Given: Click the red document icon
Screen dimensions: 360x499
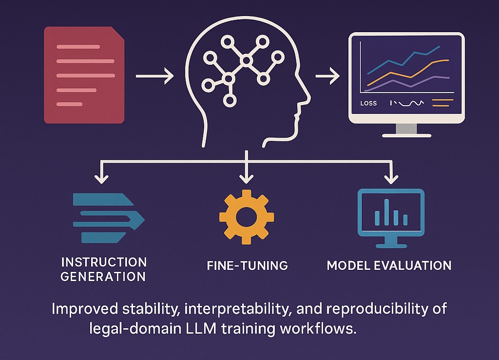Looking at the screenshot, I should point(84,75).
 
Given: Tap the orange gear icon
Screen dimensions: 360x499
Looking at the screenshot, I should point(246,217).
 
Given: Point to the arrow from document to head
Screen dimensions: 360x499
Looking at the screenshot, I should point(154,76).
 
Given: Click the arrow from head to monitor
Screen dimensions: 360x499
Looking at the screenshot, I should point(327,76).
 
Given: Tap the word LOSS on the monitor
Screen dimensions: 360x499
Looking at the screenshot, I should point(368,103).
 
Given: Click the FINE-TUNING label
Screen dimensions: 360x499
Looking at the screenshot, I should point(247,266).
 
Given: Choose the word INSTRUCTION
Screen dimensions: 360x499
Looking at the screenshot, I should point(104,262).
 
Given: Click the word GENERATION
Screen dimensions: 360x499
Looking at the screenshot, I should point(103,277).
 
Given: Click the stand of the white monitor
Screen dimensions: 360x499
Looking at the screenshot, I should point(406,129).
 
